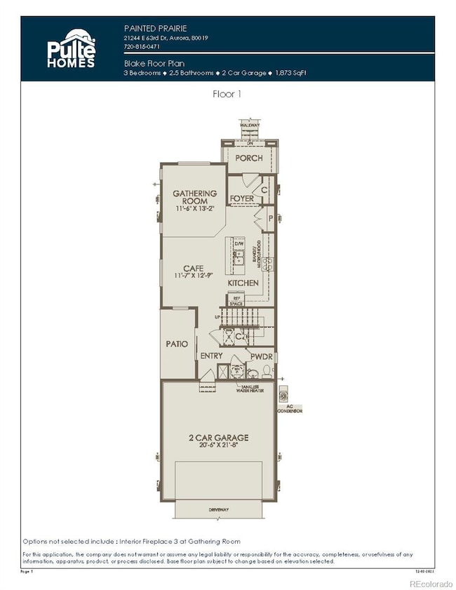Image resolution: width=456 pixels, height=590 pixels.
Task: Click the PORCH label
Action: tap(248, 158)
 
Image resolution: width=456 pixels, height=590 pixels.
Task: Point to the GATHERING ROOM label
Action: tap(195, 197)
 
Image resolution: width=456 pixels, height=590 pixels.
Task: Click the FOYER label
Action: tap(241, 199)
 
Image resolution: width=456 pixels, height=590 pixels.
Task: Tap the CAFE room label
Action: tap(193, 268)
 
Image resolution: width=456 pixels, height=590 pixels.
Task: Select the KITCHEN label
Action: tap(243, 283)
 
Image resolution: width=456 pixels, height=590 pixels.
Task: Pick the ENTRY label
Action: tap(212, 356)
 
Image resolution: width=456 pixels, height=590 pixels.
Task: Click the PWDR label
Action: tap(262, 356)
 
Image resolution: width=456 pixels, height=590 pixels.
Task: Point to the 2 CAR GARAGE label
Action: tap(218, 438)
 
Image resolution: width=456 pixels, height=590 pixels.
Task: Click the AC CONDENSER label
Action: tap(293, 408)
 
